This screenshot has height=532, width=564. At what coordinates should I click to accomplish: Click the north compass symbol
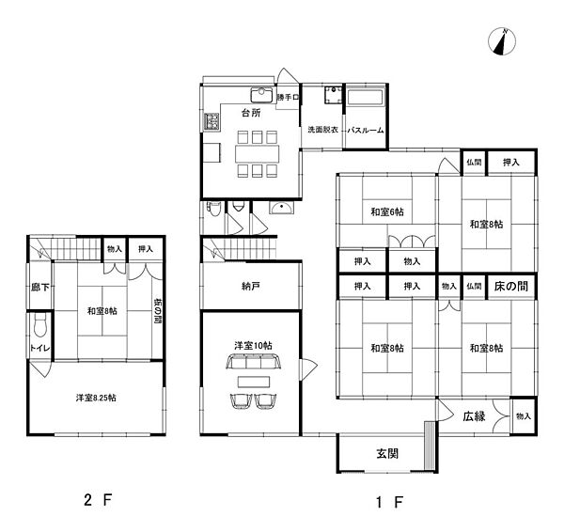click(x=502, y=41)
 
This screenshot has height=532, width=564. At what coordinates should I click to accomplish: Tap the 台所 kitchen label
click(x=251, y=113)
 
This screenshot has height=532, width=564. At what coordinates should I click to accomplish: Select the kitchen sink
click(x=262, y=95)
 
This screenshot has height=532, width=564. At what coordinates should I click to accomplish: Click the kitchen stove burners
click(x=211, y=121)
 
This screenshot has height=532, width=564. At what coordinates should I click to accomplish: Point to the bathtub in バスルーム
click(x=366, y=98)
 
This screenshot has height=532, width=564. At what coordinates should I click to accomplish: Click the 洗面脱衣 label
click(x=322, y=130)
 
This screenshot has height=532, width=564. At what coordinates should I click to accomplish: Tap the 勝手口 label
click(x=288, y=97)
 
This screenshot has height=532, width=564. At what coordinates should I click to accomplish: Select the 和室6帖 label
click(x=387, y=211)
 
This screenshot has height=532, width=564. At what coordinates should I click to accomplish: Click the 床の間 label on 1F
click(x=511, y=287)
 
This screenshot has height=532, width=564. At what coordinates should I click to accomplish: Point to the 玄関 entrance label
click(x=387, y=454)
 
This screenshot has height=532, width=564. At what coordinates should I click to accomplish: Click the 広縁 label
click(x=474, y=416)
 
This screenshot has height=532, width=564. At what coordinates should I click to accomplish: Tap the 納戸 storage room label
click(x=251, y=287)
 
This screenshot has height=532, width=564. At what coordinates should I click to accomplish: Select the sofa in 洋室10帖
click(x=253, y=361)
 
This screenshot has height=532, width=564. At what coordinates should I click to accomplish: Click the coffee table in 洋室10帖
click(x=253, y=382)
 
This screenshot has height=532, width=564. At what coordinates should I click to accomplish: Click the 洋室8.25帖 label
click(x=96, y=398)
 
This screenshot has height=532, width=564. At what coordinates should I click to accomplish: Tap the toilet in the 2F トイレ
click(x=39, y=323)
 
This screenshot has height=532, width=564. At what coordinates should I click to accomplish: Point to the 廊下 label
click(x=39, y=288)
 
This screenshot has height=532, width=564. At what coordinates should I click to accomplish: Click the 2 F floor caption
click(x=98, y=500)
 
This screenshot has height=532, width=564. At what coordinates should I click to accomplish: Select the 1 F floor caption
click(x=389, y=502)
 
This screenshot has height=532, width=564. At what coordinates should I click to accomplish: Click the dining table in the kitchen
click(x=258, y=153)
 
